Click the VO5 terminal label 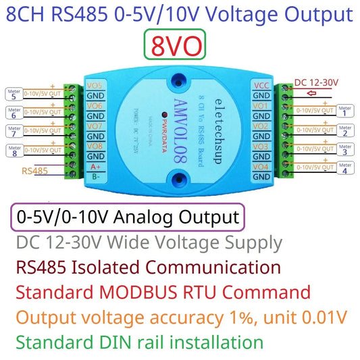click(x=95, y=86)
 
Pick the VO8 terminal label click(x=95, y=146)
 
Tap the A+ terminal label click(x=95, y=166)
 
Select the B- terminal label click(x=95, y=176)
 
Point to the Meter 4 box click(x=345, y=169)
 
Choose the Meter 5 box click(x=14, y=94)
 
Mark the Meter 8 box click(x=14, y=152)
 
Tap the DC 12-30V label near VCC click(x=317, y=83)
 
